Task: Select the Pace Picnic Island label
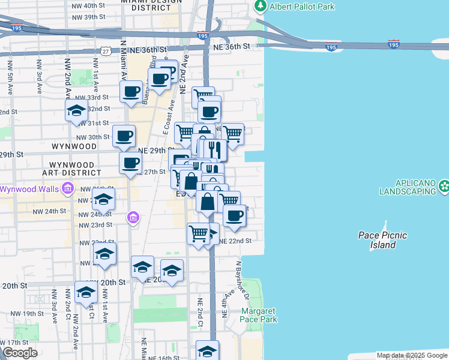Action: (382, 240)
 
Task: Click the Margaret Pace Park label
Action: (259, 315)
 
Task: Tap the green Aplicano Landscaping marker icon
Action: (444, 186)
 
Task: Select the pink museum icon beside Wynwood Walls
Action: (67, 190)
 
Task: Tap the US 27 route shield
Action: (105, 52)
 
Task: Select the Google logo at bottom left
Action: (20, 353)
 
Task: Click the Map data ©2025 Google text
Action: (412, 355)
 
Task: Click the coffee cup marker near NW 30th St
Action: (124, 137)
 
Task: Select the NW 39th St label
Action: (91, 17)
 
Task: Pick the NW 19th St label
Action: (22, 314)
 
